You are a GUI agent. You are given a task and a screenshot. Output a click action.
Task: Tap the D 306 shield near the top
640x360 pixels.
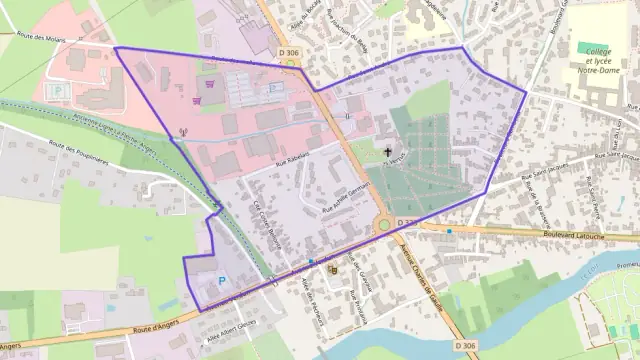pyautogui.click(x=289, y=52)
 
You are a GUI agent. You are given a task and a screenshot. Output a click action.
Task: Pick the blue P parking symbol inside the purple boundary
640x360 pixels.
pyautogui.click(x=222, y=281)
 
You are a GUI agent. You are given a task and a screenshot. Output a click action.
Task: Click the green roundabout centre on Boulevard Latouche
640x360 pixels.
pyautogui.click(x=384, y=225)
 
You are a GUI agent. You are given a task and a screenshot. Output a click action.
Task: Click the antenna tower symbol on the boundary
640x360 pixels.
pyautogui.click(x=182, y=132)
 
